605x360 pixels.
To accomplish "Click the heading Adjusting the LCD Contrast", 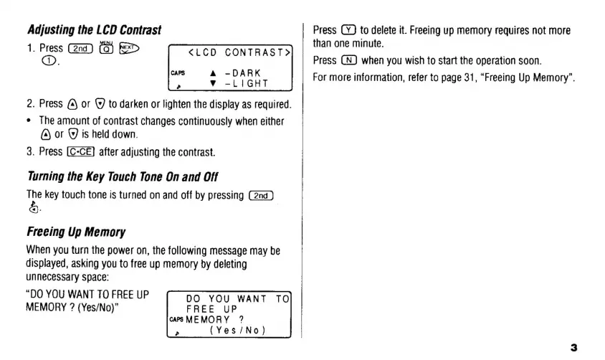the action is pos(94,30).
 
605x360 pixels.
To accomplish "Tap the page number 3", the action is pos(573,347).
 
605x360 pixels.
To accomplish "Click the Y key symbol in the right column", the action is pos(350,30).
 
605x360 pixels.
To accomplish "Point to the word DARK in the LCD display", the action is pos(245,73).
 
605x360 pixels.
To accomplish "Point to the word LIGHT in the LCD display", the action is pos(248,83).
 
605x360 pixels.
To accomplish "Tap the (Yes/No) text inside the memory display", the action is pos(237,331).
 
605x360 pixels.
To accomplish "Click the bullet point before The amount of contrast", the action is pos(29,120).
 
